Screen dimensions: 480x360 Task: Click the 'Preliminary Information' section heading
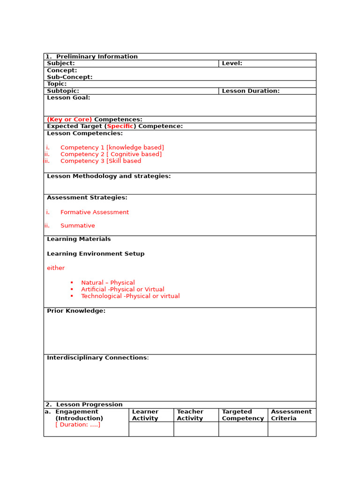point(97,57)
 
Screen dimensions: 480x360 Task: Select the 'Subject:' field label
point(61,63)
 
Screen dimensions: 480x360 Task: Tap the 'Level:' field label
point(232,63)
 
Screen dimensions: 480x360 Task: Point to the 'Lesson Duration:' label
point(250,91)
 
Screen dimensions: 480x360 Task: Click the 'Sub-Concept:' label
point(70,77)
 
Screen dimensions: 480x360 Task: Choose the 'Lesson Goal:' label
point(68,97)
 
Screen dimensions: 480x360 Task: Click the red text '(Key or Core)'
point(69,120)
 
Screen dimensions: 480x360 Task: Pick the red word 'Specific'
point(120,126)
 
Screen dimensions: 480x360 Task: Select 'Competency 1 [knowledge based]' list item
point(112,148)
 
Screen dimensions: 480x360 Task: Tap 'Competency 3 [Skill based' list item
point(100,161)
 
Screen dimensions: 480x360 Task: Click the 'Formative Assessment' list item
point(94,212)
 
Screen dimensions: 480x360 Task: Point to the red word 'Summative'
point(77,225)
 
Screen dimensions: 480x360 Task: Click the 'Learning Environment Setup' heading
point(96,254)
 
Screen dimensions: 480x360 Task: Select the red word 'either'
point(56,268)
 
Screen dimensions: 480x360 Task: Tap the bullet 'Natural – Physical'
point(108,283)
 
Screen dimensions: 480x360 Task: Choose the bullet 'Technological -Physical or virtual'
point(130,296)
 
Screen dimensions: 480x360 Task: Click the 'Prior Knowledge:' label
point(76,311)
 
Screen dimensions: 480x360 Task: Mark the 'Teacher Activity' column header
point(190,415)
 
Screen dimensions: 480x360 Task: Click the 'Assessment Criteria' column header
point(291,415)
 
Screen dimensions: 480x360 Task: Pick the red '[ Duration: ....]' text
point(78,425)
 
